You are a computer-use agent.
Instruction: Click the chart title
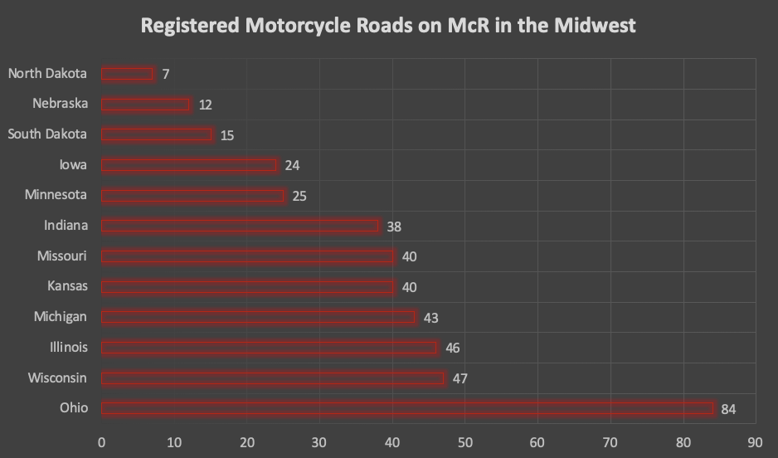tap(388, 26)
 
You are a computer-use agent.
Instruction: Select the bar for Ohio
tap(407, 408)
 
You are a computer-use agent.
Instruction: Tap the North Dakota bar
tap(128, 74)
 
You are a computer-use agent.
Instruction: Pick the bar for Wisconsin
tap(273, 378)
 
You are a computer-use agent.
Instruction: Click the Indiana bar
tap(240, 226)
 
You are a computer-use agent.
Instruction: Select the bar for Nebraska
tap(146, 105)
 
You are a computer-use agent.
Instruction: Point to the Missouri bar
tap(247, 256)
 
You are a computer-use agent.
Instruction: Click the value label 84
tap(727, 409)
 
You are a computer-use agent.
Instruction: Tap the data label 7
tap(166, 75)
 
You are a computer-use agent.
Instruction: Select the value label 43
tap(430, 318)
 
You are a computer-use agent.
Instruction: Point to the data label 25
tap(299, 196)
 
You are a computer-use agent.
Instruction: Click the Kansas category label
tap(67, 286)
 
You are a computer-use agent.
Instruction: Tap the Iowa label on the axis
tap(72, 165)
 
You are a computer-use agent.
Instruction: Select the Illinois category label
tap(69, 348)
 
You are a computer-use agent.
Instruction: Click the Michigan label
tap(60, 317)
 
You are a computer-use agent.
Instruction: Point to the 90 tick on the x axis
tap(755, 442)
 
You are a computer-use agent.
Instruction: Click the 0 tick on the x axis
tap(101, 442)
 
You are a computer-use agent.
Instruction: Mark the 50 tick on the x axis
tap(464, 442)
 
